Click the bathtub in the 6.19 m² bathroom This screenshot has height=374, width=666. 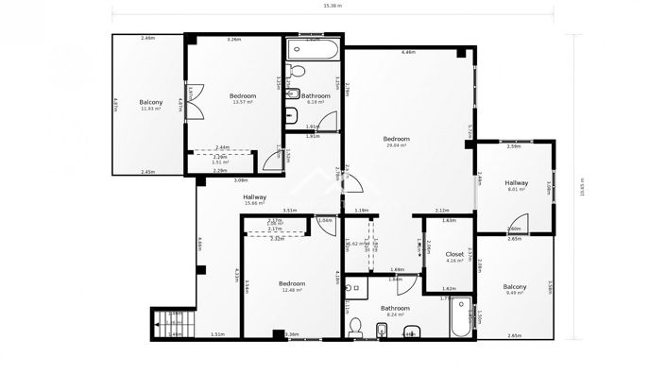(x=312, y=46)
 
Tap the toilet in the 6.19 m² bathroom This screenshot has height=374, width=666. (x=296, y=71)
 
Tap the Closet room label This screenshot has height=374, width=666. (x=454, y=256)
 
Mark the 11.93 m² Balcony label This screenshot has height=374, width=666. (x=150, y=105)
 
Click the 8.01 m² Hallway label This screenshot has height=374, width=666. (x=516, y=185)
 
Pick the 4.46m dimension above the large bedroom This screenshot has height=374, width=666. (x=408, y=52)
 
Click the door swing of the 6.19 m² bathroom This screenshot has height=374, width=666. (x=327, y=121)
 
